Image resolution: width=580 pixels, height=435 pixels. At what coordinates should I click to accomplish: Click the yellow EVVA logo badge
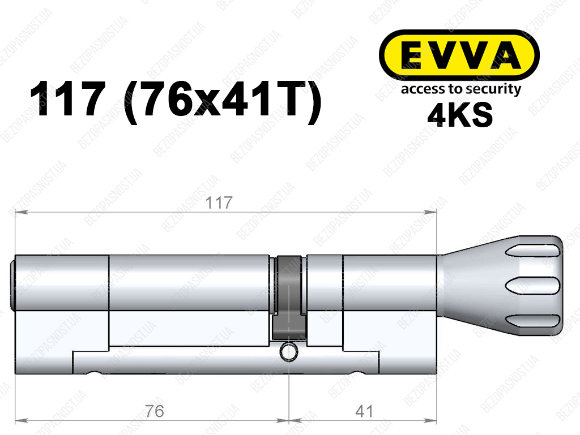(459, 55)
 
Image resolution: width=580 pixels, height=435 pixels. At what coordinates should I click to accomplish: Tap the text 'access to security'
(461, 89)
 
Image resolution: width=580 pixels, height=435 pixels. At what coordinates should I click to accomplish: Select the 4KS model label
(460, 115)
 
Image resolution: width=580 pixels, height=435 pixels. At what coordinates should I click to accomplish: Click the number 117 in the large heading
(67, 99)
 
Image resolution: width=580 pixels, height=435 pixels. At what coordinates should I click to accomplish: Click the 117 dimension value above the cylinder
(219, 203)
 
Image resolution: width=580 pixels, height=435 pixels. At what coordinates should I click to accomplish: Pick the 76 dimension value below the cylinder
(154, 411)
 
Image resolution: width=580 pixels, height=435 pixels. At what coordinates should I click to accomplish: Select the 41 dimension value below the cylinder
(364, 411)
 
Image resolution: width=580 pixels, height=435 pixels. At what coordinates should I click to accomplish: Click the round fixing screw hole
(288, 351)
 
